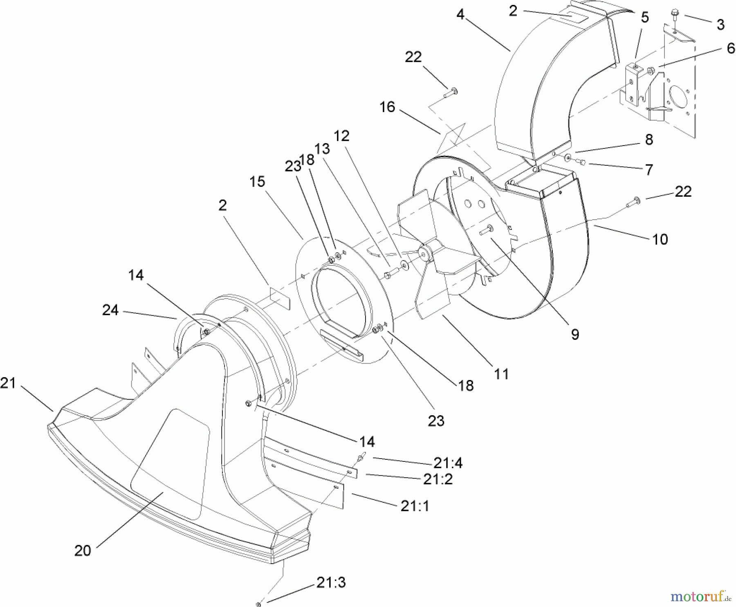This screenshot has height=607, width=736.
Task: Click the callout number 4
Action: [x=461, y=15]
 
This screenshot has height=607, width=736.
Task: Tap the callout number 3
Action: [x=720, y=25]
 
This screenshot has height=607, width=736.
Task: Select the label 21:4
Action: [x=448, y=463]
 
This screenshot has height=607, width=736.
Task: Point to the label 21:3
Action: [x=331, y=582]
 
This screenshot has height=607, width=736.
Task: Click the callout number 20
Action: [x=83, y=551]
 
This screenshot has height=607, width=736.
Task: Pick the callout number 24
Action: [x=110, y=310]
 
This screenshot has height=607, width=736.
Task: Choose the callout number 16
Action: [x=387, y=107]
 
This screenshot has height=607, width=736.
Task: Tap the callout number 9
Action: [x=575, y=335]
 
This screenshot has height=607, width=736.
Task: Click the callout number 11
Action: [x=501, y=373]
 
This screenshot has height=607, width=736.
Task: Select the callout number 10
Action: [x=660, y=239]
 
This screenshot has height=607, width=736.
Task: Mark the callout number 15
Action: [x=257, y=182]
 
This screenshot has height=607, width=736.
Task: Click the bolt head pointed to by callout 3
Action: [x=674, y=15]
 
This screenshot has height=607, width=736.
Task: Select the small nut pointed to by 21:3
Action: [x=258, y=604]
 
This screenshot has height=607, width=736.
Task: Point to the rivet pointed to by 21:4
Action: [x=361, y=458]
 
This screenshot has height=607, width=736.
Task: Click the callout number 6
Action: [x=731, y=49]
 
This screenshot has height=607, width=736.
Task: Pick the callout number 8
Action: [x=649, y=139]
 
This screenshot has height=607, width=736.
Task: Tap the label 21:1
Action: [x=415, y=506]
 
